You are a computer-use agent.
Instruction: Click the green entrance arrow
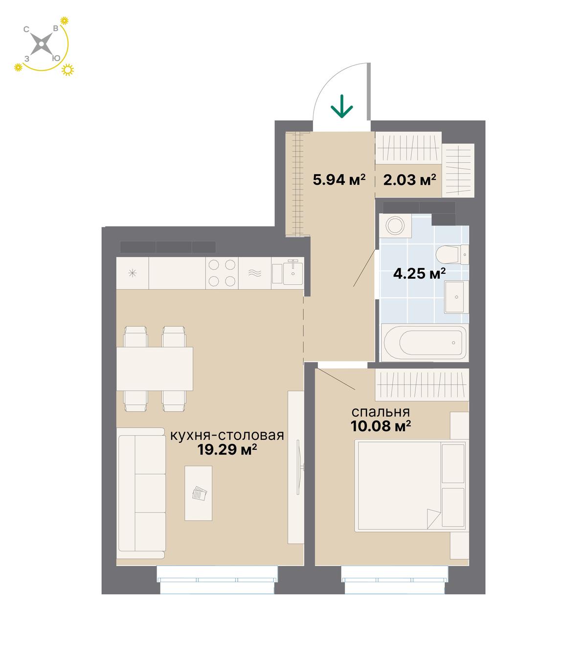pos(341,106)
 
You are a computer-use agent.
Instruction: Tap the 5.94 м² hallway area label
pos(339,179)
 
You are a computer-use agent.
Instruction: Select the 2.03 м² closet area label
pos(409,179)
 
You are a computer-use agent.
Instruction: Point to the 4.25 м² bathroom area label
pos(419,273)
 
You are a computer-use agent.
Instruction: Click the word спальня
pos(381,412)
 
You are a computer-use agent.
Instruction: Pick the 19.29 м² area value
pos(227,449)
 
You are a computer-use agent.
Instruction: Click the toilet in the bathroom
pos(452,255)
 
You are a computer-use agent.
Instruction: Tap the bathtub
pos(425,343)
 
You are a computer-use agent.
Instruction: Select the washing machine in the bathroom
pos(395,224)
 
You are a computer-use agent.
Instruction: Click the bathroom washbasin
pos(456,296)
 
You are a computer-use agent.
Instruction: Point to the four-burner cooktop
pos(222,273)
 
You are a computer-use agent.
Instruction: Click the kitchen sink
pos(288,273)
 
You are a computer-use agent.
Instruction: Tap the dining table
pos(155,369)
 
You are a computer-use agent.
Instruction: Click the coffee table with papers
pos(198,493)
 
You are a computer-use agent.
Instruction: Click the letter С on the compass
pos(26,30)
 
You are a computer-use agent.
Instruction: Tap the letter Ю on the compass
pos(56,58)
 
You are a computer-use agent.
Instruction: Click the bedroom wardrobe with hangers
pos(422,385)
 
